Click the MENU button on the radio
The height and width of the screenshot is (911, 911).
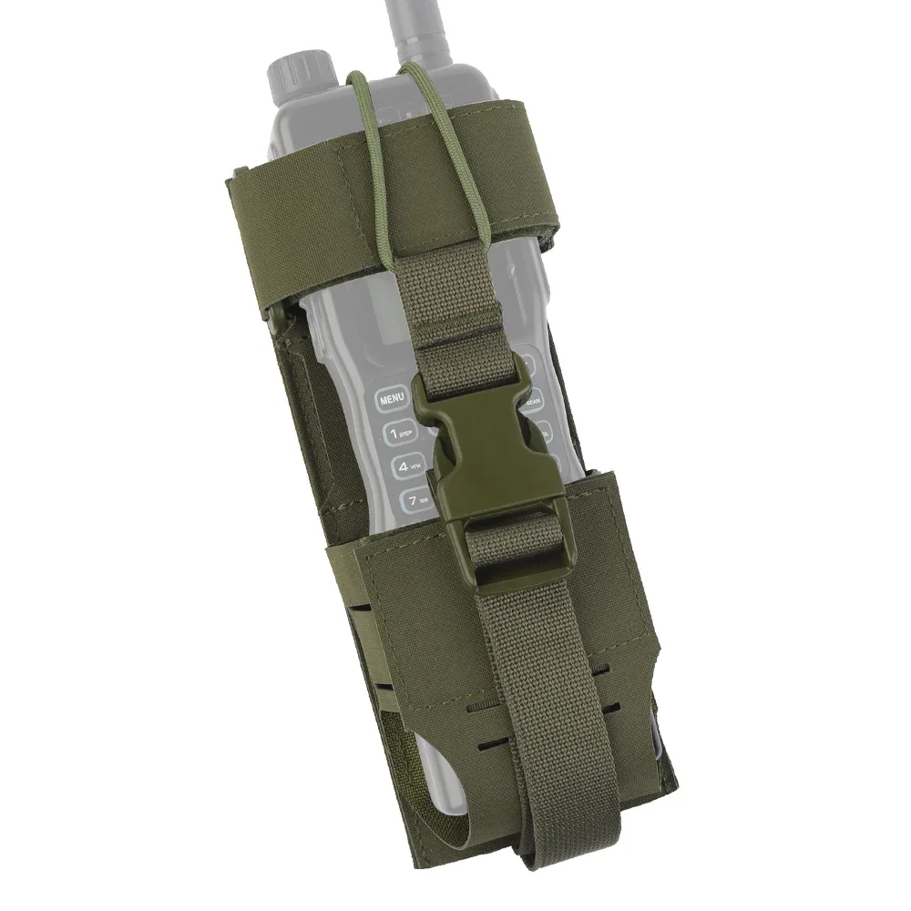(393, 399)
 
